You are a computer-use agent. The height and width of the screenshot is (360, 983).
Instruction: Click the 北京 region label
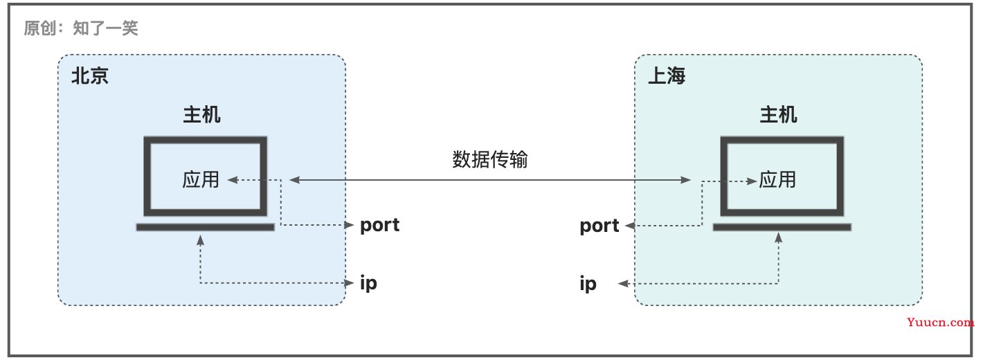click(89, 75)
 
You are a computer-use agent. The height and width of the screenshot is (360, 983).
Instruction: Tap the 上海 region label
click(667, 75)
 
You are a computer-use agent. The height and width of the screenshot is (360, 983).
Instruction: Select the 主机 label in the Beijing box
click(201, 115)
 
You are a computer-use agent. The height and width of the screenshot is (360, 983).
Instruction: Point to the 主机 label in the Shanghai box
click(778, 115)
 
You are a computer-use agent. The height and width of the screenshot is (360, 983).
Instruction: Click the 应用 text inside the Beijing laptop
click(201, 179)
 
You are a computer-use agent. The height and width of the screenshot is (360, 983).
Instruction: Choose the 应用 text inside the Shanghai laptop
click(777, 179)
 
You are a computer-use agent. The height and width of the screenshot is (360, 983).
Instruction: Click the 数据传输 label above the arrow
click(489, 159)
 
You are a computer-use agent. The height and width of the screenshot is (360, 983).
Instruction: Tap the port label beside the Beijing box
click(379, 225)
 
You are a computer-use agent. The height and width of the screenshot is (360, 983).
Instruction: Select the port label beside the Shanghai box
click(599, 226)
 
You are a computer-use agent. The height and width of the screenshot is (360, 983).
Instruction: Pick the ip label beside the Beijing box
click(368, 283)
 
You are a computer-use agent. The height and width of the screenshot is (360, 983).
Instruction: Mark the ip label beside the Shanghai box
click(588, 284)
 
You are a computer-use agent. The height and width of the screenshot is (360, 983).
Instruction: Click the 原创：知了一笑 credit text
click(81, 28)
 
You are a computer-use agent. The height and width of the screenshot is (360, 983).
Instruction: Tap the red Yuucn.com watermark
click(940, 322)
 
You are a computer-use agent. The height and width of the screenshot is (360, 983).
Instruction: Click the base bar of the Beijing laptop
click(206, 227)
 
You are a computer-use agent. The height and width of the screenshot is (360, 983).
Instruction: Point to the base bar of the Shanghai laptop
click(782, 227)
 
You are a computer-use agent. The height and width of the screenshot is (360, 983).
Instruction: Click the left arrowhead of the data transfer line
click(294, 179)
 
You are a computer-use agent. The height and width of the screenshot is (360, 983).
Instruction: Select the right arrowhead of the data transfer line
click(686, 179)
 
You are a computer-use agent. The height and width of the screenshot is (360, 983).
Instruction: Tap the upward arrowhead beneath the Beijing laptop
click(201, 240)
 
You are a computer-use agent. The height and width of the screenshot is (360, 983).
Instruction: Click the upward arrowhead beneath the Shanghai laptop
click(779, 238)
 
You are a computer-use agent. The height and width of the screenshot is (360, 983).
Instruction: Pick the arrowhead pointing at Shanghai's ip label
click(624, 284)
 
